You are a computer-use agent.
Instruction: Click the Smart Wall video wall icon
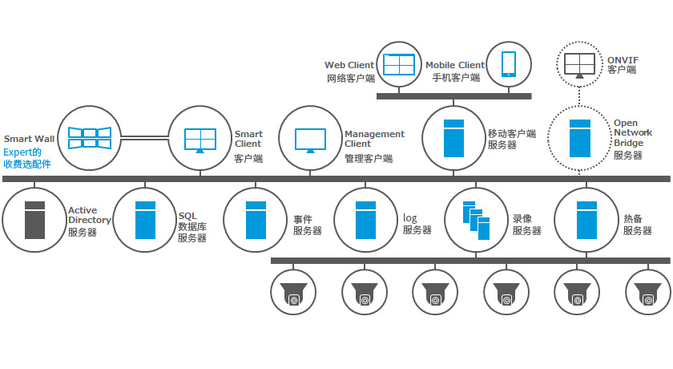88,137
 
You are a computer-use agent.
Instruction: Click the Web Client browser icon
399,63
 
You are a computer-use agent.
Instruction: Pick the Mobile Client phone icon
509,63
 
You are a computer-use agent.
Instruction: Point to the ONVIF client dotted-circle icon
579,63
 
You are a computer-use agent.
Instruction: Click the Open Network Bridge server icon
579,138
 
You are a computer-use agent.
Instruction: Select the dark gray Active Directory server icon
34,219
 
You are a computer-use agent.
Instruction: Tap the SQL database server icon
144,219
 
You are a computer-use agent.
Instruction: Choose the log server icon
365,219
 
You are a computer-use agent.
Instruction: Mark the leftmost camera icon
294,294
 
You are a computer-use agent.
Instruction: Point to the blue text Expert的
22,151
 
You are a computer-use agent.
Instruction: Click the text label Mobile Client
454,66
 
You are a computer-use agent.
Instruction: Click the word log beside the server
410,217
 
